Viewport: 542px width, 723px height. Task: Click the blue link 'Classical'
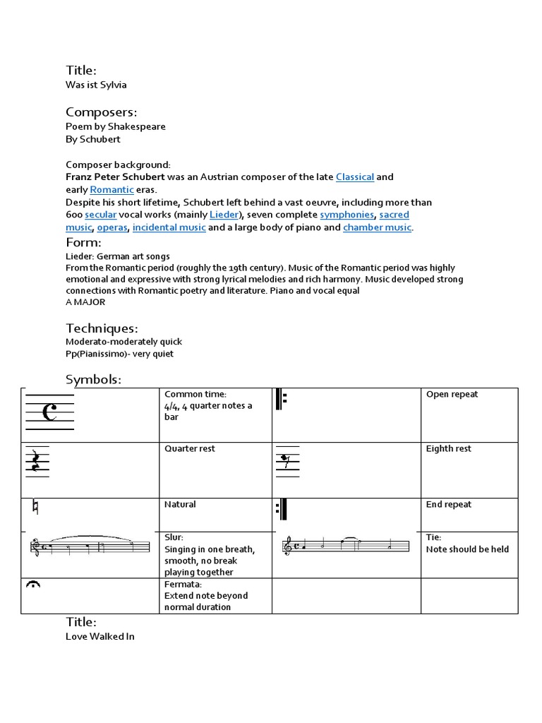tap(354, 177)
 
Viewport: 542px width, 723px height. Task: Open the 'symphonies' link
tap(347, 215)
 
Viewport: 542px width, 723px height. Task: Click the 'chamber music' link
tap(377, 227)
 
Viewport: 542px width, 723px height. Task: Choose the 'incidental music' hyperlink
tap(169, 227)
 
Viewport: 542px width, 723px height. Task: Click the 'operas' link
tap(112, 227)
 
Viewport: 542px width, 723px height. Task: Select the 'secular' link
tap(100, 215)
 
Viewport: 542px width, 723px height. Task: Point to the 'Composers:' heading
tap(101, 112)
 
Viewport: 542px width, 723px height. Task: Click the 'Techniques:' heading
tap(102, 328)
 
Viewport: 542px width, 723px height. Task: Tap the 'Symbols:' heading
tap(93, 380)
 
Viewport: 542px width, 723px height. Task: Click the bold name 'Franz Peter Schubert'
tap(116, 177)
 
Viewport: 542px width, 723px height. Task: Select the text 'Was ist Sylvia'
tap(96, 85)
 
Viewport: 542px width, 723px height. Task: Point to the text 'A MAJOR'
tap(85, 301)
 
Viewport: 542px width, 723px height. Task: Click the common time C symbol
tap(49, 413)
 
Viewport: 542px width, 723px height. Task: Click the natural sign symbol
tap(35, 507)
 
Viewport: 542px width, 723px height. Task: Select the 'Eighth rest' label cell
tap(448, 449)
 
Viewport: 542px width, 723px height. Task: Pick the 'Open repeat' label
tap(452, 395)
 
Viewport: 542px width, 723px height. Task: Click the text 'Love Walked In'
tap(100, 636)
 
